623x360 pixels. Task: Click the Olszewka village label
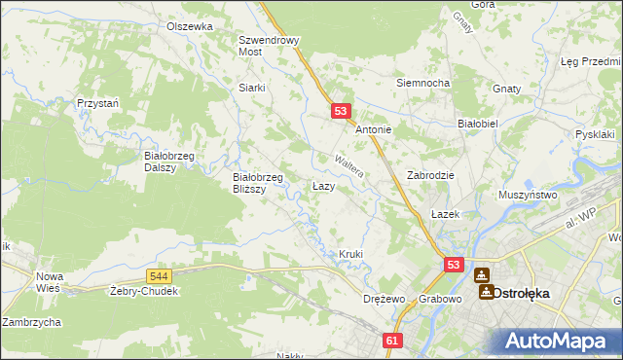click(189, 26)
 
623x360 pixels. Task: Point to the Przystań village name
click(98, 102)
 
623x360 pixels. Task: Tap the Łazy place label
click(324, 185)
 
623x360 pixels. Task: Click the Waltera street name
click(348, 163)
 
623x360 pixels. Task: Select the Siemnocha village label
click(421, 83)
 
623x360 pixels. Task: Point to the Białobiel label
click(478, 124)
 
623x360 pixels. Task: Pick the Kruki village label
click(350, 254)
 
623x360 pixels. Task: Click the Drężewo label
click(382, 299)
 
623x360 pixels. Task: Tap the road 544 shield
click(162, 277)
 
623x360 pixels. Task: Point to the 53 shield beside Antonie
click(341, 112)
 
